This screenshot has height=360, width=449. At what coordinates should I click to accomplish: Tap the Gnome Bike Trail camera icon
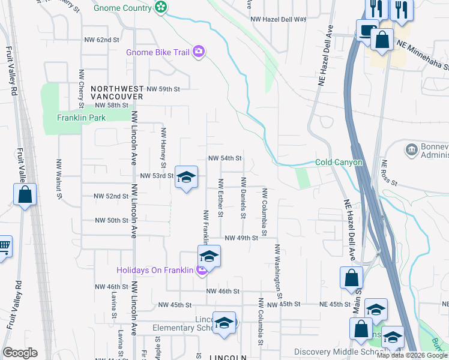tap(199, 52)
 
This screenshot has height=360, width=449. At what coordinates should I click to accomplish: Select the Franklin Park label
tap(81, 118)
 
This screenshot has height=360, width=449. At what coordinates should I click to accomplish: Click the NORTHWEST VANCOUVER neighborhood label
tap(117, 92)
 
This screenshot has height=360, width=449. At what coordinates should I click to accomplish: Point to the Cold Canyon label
tap(339, 163)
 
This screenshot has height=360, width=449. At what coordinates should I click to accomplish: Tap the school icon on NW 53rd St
tap(187, 177)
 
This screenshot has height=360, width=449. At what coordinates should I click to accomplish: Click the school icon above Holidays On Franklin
tap(209, 256)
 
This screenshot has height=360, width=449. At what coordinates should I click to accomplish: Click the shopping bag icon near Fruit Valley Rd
tap(25, 194)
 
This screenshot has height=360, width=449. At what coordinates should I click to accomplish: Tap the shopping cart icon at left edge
tap(3, 245)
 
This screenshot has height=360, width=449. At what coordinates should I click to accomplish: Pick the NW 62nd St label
tap(98, 40)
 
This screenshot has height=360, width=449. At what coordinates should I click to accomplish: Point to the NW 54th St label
tap(224, 158)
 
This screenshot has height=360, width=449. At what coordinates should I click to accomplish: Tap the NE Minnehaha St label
tap(424, 51)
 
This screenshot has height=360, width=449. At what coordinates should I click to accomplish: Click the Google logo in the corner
tap(20, 353)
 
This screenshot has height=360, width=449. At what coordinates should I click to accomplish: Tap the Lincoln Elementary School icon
tap(224, 323)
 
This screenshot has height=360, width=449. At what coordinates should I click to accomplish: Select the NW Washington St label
tap(278, 271)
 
